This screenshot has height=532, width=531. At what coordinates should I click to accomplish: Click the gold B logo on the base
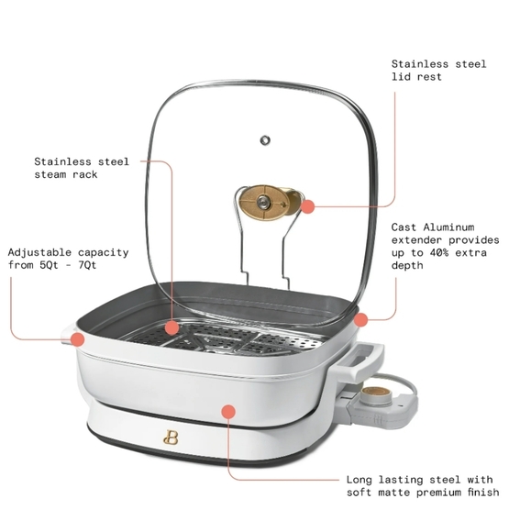click(x=170, y=436)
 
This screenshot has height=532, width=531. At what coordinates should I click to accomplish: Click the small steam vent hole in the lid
click(x=266, y=139)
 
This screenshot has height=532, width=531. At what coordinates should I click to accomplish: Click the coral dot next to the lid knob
click(x=308, y=207)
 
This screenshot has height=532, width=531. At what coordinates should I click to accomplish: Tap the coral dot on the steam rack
click(x=172, y=327)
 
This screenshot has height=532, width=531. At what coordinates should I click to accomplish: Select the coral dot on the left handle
click(x=78, y=339)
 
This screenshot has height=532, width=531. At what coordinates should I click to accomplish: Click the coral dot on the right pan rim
click(x=361, y=319)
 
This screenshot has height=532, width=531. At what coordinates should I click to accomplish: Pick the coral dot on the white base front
click(x=228, y=412)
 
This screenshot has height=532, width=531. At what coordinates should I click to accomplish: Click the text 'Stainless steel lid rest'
click(x=438, y=71)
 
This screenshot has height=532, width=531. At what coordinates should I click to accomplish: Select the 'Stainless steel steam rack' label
click(x=82, y=168)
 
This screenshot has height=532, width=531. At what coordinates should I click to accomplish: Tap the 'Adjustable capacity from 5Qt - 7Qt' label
click(x=68, y=259)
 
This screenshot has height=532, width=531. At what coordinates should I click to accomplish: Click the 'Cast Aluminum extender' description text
click(x=438, y=246)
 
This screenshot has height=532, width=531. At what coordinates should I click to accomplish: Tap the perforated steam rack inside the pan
click(x=229, y=342)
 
